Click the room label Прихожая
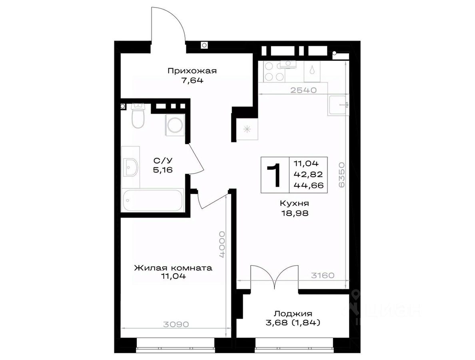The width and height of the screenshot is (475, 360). click(192, 71)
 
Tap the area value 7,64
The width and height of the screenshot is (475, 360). click(192, 81)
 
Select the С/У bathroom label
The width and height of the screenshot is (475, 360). click(163, 160)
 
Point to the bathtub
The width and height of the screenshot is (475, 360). click(153, 200)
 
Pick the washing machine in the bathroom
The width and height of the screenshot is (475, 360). click(175, 125)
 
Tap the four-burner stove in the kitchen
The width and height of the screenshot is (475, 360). click(273, 72)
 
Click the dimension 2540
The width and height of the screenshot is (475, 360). click(303, 90)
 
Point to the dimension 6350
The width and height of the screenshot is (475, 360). click(341, 175)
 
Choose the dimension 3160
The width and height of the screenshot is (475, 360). click(323, 276)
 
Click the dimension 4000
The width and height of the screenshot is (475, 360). click(223, 244)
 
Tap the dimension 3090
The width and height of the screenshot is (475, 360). click(176, 324)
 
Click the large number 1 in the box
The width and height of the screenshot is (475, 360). click(274, 175)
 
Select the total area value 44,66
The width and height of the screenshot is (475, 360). click(308, 185)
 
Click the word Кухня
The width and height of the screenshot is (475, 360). click(294, 203)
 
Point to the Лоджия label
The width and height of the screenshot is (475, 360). click(293, 314)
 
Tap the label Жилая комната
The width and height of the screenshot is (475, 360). click(173, 268)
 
